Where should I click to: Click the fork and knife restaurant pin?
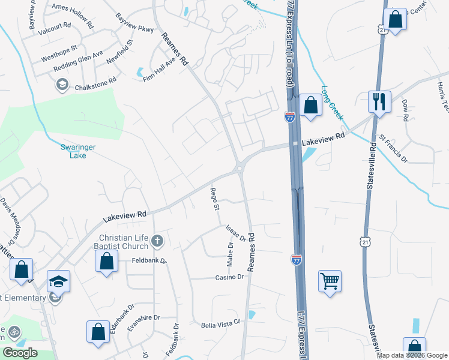(x=379, y=101)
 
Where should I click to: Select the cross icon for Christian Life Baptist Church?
(x=157, y=241)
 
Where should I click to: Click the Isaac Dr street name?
(x=236, y=233)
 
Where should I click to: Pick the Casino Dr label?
(x=229, y=277)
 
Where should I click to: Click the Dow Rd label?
(x=405, y=111)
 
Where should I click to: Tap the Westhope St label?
(x=59, y=53)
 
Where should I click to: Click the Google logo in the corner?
(x=20, y=353)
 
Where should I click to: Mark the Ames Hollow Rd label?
(x=73, y=16)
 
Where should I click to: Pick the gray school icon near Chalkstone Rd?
(x=61, y=85)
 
